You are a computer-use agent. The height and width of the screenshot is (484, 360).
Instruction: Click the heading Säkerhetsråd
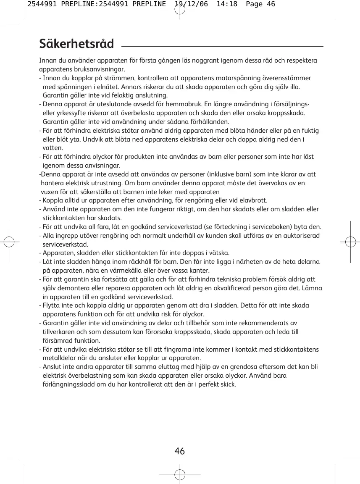76,44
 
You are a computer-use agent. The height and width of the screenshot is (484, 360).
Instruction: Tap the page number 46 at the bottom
180,451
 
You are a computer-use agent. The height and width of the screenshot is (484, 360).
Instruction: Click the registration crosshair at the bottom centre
180,474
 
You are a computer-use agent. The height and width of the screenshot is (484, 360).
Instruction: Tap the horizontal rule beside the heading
223,46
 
